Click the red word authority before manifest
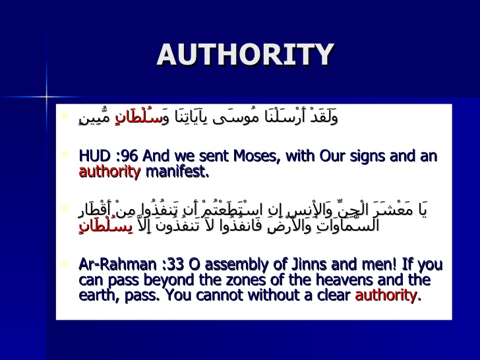tap(109, 173)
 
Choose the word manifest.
tap(177, 173)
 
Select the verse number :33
tap(159, 264)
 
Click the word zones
tap(239, 280)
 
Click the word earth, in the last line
tap(99, 295)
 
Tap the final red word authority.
tap(388, 295)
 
